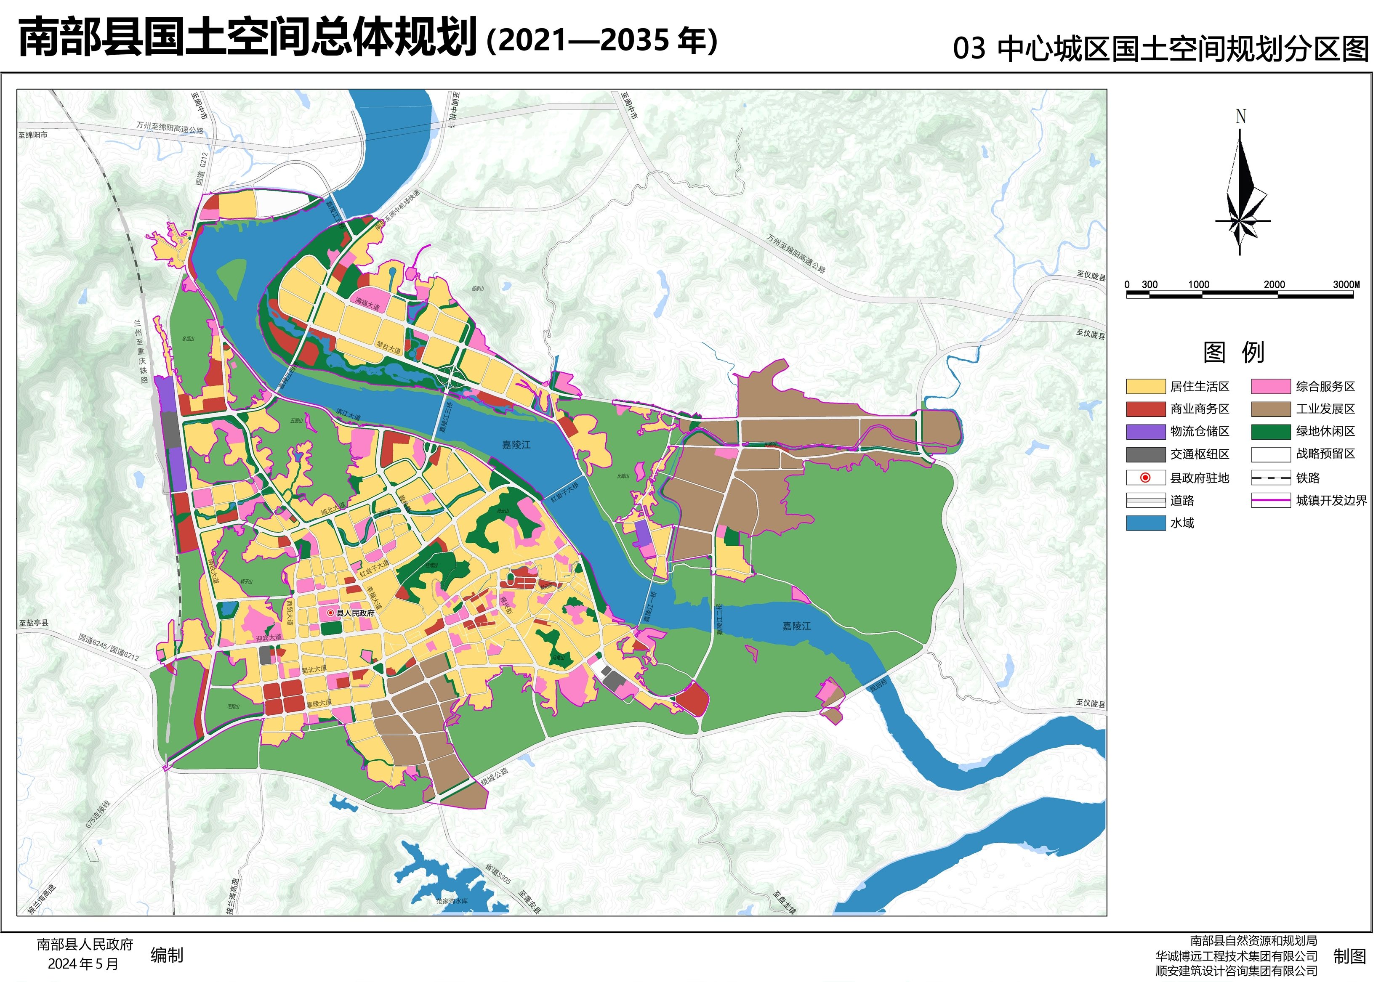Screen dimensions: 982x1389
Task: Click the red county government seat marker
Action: (x=330, y=613)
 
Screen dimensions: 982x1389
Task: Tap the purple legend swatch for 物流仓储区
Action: (x=1145, y=431)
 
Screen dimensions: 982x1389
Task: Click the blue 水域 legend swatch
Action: (x=1145, y=523)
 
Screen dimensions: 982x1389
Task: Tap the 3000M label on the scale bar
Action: (x=1346, y=284)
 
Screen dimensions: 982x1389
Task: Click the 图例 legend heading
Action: (x=1234, y=352)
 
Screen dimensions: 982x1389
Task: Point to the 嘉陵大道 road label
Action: (x=319, y=703)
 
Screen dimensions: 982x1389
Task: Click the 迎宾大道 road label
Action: (x=269, y=638)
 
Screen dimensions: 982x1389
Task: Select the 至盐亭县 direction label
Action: (x=33, y=623)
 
